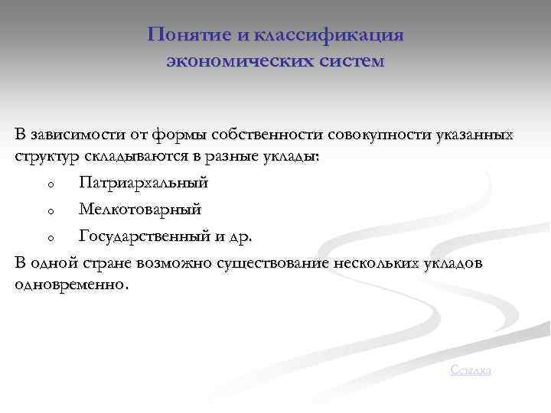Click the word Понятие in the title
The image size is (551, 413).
(184, 35)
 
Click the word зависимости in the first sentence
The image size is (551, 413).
(74, 135)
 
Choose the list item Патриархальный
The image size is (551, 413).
(143, 184)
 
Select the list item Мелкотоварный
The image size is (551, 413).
(140, 210)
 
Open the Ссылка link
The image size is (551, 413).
(471, 370)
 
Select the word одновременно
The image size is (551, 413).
(70, 285)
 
